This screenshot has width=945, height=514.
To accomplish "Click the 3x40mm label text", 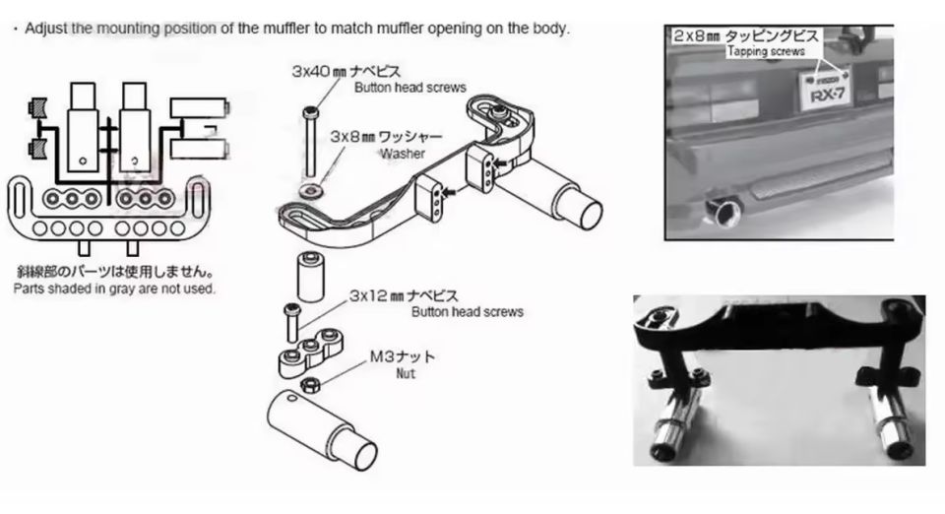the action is tap(346, 72).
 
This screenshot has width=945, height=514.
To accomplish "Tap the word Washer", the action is tap(402, 154).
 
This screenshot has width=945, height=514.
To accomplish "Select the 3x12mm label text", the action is tap(404, 295).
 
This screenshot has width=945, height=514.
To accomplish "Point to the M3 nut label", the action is tap(402, 356).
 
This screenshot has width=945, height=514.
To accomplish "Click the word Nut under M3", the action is tap(406, 373).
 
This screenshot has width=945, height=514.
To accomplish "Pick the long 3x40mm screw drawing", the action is tap(311, 142).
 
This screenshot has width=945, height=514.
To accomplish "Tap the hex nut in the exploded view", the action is tap(310, 384).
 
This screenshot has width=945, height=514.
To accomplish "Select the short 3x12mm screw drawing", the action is tap(292, 322).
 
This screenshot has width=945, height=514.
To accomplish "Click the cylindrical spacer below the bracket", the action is tap(311, 277).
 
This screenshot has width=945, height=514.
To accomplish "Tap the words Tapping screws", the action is tap(766, 52).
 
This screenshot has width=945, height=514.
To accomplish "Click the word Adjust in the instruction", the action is tap(46, 29).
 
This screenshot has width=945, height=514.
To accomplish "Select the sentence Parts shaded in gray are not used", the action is tap(114, 289).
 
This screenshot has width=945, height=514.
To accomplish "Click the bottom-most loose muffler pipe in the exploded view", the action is tap(321, 429).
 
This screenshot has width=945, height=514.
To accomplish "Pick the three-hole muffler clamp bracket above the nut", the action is tap(310, 352).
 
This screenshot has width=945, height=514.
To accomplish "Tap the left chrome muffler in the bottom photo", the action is tap(677, 420).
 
